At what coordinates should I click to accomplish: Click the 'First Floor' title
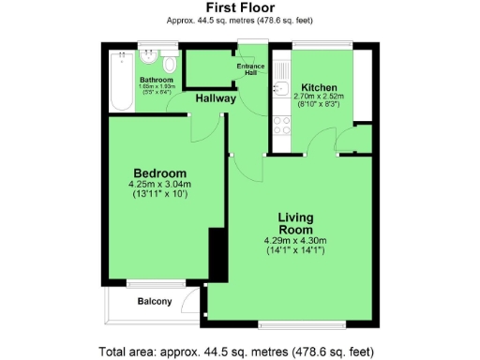tap(239, 7)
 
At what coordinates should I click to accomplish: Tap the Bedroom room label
tap(159, 173)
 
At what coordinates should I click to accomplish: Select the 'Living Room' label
tap(294, 223)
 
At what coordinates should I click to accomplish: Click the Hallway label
tap(216, 98)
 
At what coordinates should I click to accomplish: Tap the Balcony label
tap(155, 301)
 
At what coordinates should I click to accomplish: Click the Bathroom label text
tap(156, 81)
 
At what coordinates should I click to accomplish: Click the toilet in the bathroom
tap(169, 64)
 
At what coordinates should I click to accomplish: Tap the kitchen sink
tap(279, 90)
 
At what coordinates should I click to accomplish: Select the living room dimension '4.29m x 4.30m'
tap(294, 240)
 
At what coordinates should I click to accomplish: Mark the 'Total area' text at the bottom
tap(240, 352)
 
